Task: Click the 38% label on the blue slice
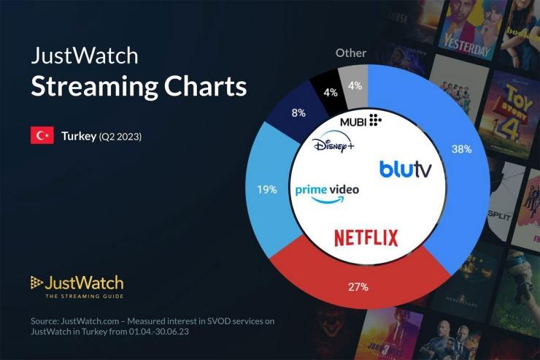tap(462, 149)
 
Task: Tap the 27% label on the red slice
tap(358, 287)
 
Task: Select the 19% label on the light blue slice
tap(266, 189)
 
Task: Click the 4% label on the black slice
tap(331, 93)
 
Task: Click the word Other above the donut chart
tap(351, 53)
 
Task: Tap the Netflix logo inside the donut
tap(366, 237)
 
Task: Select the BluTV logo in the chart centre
tap(405, 169)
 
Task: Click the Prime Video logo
tap(327, 191)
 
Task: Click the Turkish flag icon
tap(42, 136)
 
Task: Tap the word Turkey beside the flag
tap(78, 137)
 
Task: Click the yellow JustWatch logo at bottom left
tap(77, 283)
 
